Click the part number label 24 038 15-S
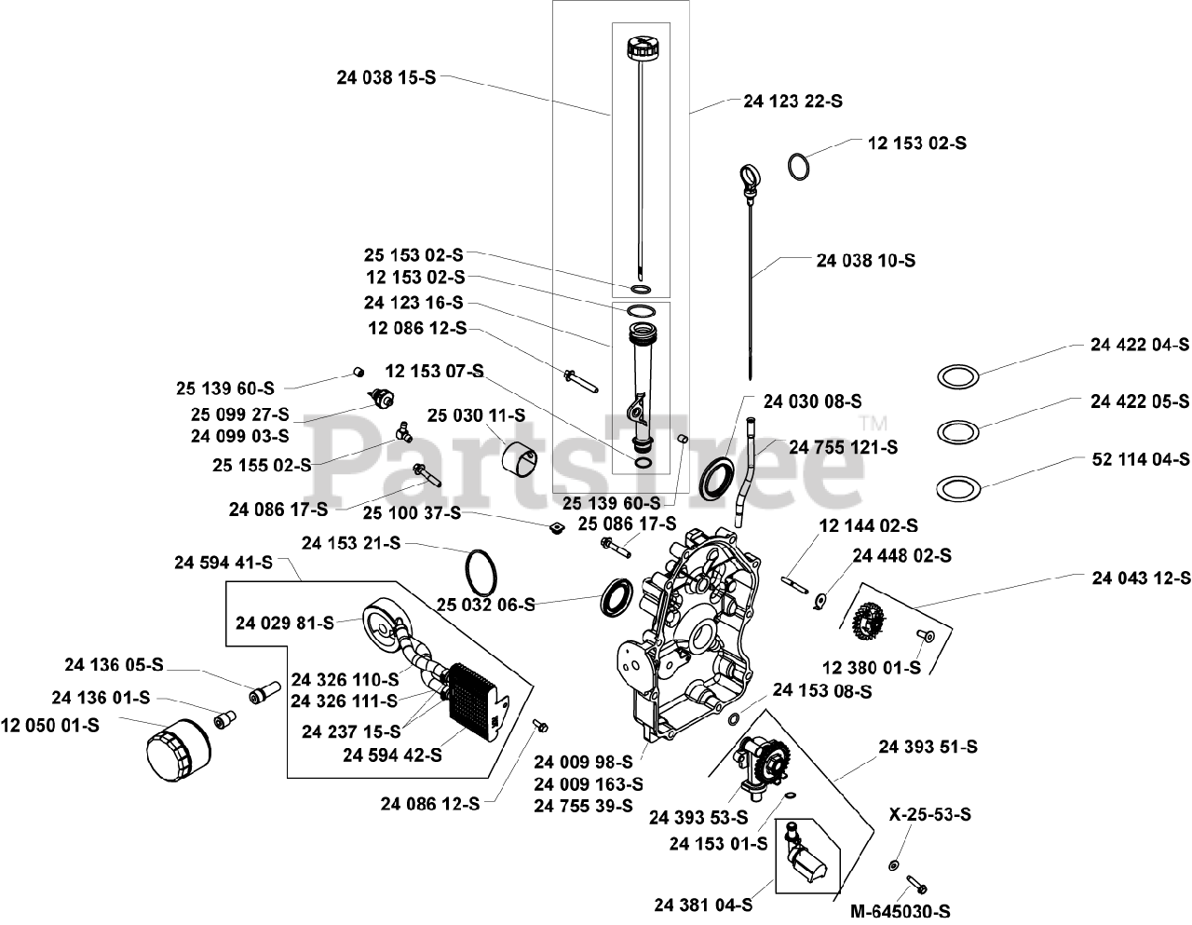point(386,79)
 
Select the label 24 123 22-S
point(792,101)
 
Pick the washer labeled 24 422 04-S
point(957,377)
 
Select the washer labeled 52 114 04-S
point(957,487)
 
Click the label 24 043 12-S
point(1141,578)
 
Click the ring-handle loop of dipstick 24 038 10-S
point(752,175)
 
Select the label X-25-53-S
point(929,814)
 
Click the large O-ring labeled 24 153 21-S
point(480,569)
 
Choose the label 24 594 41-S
point(223,563)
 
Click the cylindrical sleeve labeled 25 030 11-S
point(518,458)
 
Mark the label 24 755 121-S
point(843,447)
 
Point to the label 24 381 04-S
point(703,904)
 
